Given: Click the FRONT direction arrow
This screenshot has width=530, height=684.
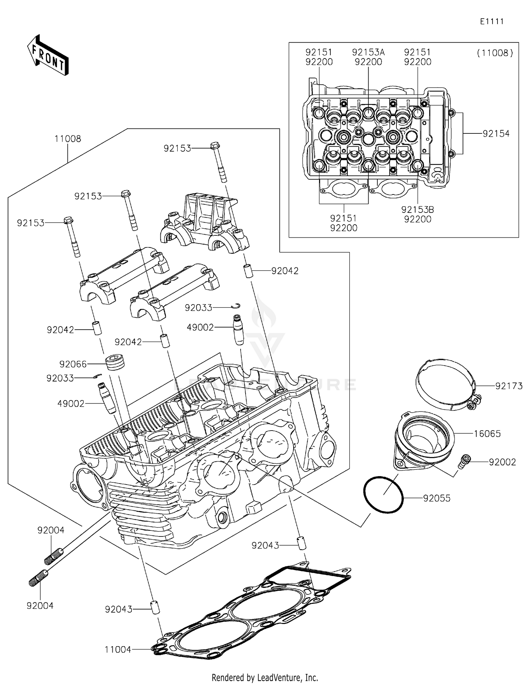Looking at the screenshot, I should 48,56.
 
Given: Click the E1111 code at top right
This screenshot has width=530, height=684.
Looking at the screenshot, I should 491,22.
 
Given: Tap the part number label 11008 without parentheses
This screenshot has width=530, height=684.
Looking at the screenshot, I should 67,139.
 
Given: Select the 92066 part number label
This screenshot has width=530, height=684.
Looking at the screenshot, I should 73,364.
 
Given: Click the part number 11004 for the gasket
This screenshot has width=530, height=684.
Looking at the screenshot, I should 118,649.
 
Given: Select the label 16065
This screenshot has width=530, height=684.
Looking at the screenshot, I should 487,433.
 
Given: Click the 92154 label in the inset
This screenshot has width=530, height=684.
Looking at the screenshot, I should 496,133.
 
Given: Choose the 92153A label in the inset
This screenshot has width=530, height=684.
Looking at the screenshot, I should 368,52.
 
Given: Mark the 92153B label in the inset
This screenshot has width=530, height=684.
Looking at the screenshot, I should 417,209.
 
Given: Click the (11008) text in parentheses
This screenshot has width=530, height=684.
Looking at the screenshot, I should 495,53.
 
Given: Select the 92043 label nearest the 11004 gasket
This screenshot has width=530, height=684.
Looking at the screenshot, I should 118,609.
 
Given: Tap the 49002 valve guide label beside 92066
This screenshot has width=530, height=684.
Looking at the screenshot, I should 71,403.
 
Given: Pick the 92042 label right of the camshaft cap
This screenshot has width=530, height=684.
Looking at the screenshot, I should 285,271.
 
